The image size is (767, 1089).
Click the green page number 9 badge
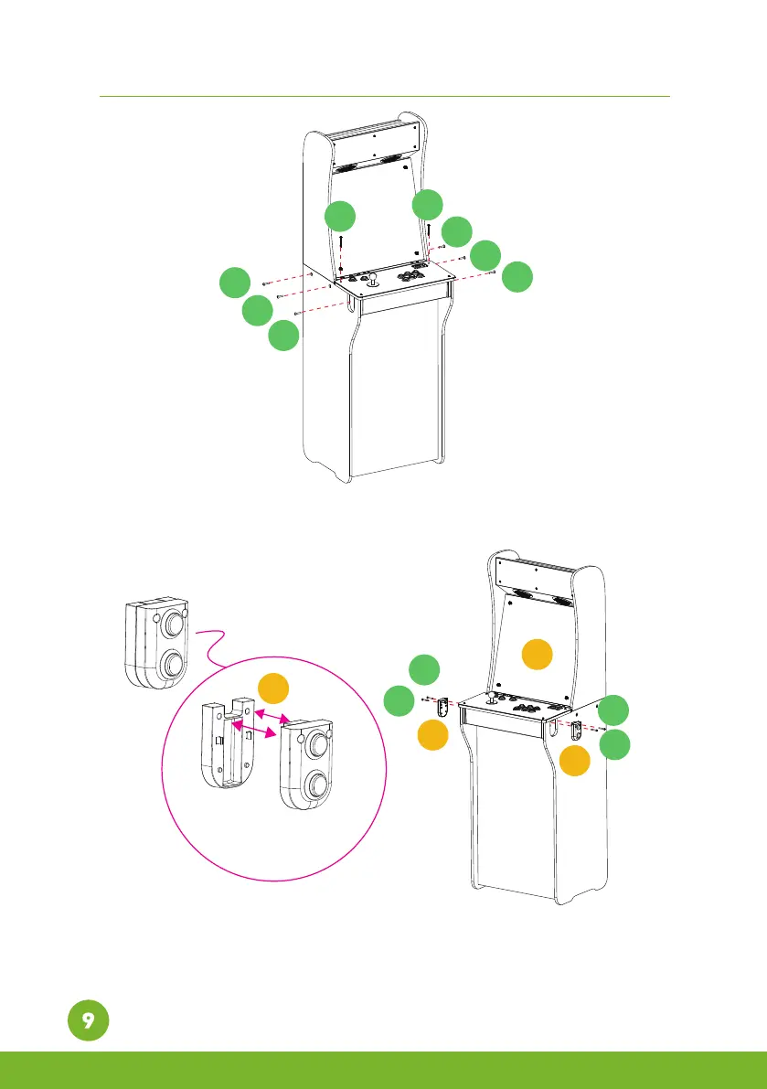[87, 1021]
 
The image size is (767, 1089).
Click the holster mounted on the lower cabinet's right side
[576, 731]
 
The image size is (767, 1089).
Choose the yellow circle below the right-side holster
[576, 761]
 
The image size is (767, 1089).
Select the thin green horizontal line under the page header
[384, 95]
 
